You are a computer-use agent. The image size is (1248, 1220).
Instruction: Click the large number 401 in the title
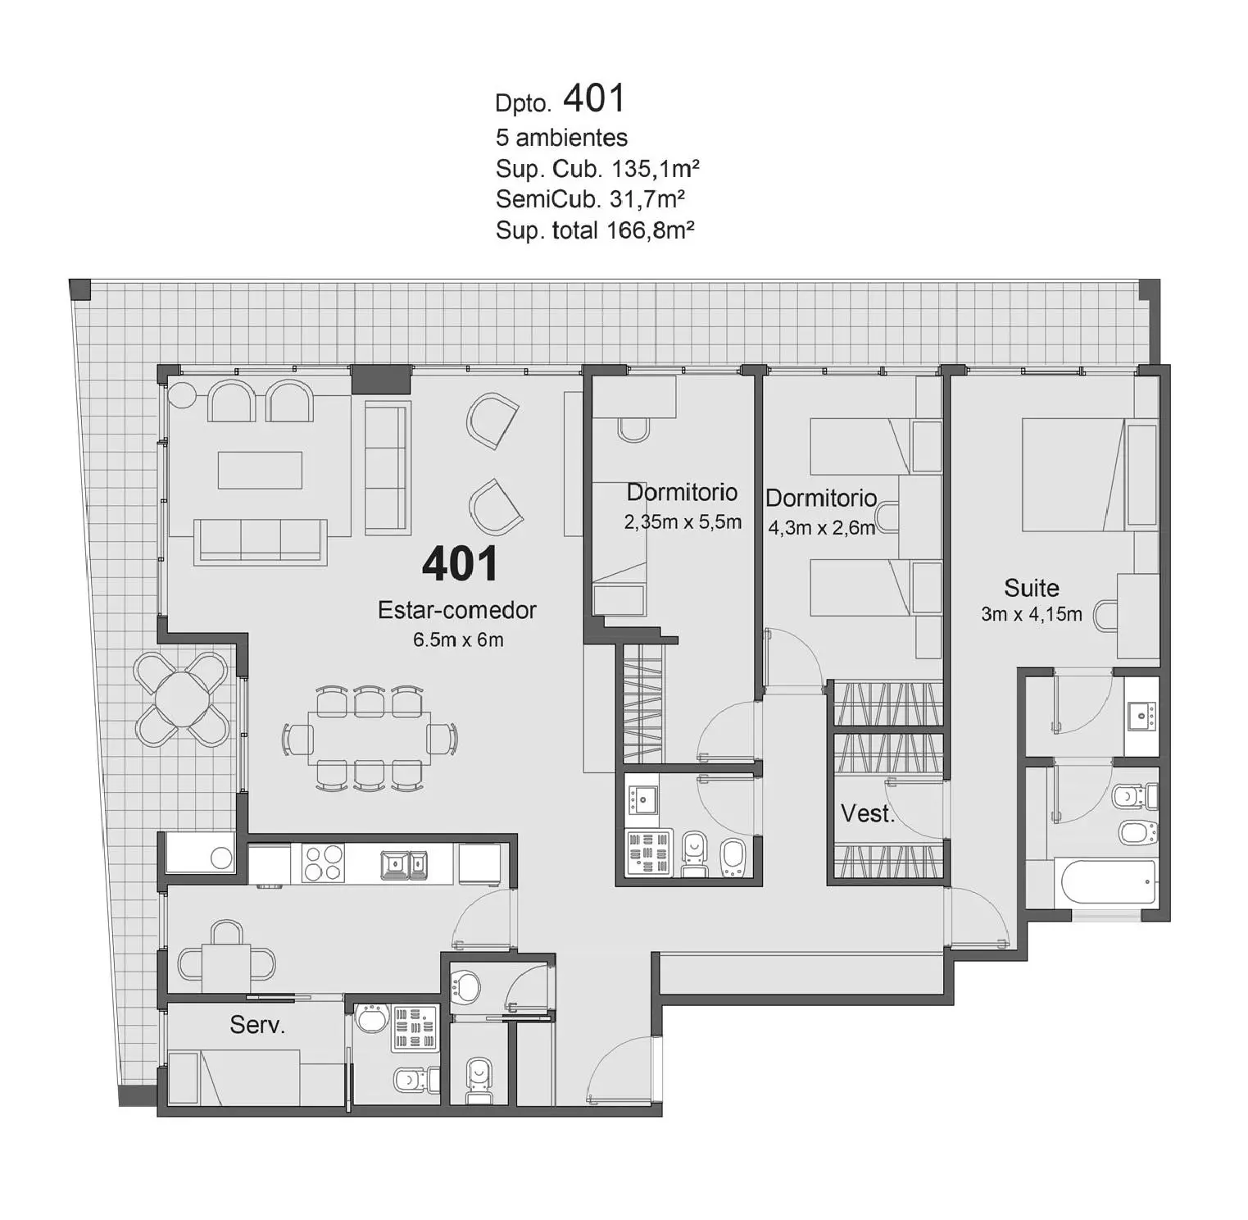(594, 98)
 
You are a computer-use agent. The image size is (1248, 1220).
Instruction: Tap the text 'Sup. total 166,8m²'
(595, 230)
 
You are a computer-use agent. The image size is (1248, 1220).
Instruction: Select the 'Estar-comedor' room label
(457, 610)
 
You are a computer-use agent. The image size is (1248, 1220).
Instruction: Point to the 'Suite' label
(1032, 588)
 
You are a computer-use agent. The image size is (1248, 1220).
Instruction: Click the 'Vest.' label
(868, 813)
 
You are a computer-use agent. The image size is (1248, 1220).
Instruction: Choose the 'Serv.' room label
(257, 1025)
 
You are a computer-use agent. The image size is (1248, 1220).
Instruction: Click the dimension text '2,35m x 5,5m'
(683, 521)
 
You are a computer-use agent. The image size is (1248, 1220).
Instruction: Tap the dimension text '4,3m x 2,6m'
(821, 527)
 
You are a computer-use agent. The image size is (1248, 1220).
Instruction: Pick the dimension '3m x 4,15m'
(1032, 614)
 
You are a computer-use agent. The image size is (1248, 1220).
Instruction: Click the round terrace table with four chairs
(182, 699)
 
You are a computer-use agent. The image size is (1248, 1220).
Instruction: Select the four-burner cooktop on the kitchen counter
(323, 863)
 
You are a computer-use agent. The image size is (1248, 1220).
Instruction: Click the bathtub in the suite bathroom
(1109, 882)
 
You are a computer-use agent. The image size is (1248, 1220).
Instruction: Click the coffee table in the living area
(260, 470)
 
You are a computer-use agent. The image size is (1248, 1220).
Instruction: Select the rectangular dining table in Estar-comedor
(370, 738)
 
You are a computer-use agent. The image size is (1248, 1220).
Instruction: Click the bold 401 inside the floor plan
(460, 564)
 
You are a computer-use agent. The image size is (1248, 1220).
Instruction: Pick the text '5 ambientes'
(561, 137)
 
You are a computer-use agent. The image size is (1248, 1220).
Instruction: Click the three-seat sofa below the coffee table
(261, 542)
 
